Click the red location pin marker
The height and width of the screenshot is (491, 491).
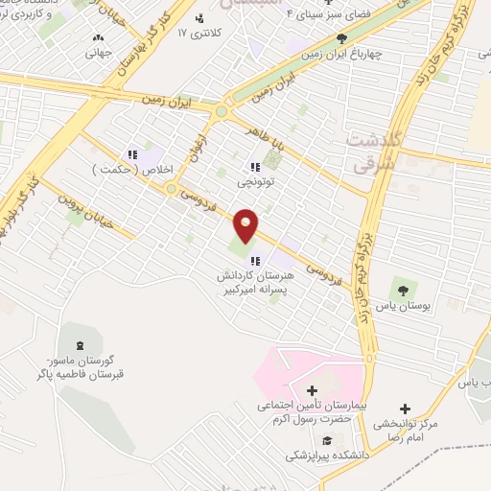(x=246, y=225)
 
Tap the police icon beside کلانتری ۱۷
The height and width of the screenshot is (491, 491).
(x=199, y=17)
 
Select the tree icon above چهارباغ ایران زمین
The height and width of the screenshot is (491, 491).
(x=342, y=38)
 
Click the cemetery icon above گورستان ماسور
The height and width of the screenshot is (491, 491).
(x=80, y=344)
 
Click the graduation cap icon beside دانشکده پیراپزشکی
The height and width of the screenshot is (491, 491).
(x=325, y=441)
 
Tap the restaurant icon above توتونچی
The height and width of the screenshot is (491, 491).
(x=254, y=167)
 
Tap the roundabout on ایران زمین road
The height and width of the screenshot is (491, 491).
(x=223, y=111)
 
